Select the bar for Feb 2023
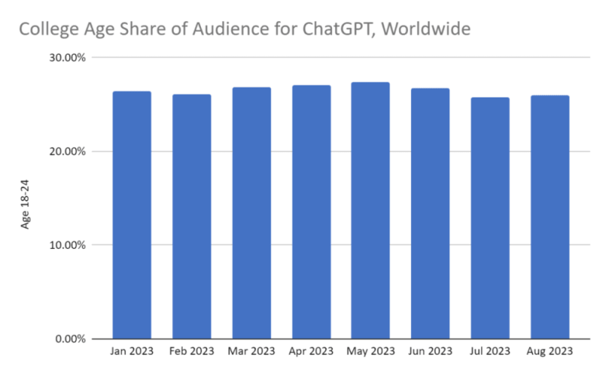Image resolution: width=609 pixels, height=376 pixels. (x=191, y=216)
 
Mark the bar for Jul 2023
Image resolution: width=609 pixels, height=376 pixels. (x=489, y=218)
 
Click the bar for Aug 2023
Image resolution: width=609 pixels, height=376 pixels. (x=549, y=217)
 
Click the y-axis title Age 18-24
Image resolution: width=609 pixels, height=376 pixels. (x=26, y=203)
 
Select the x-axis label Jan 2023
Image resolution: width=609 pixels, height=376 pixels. (x=132, y=352)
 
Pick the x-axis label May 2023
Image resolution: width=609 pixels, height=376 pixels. (x=370, y=352)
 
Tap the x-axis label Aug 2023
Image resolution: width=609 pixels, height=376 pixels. (x=549, y=352)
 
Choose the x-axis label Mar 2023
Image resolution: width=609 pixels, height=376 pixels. (x=251, y=352)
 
